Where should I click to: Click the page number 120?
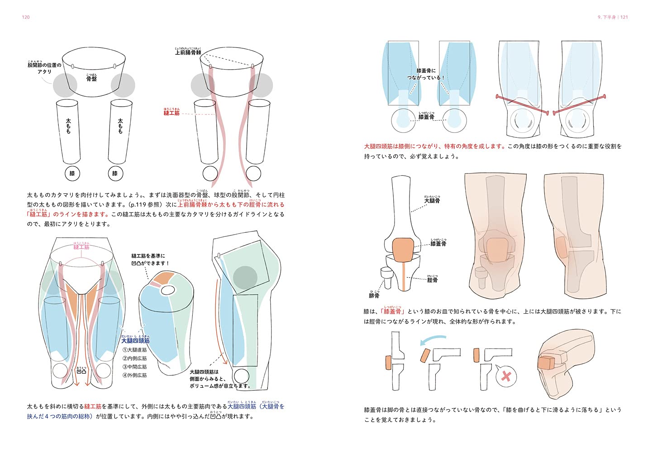coord(25,17)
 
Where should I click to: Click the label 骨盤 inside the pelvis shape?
coord(91,79)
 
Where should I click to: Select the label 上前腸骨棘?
coord(188,52)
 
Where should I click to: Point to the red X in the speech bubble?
coord(506,376)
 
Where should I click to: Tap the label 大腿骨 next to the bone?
coord(432,200)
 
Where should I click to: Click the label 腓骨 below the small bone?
coord(374,296)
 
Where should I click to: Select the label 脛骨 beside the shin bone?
coord(432,280)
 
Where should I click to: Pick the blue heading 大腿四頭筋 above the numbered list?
coord(135,340)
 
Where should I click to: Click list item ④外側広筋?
coord(135,375)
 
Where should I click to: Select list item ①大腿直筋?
coord(135,350)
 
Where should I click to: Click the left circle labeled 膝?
coord(72,174)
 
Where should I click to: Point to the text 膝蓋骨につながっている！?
coord(426,74)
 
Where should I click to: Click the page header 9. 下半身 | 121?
coord(613,17)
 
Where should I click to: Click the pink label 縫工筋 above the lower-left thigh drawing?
coord(81,247)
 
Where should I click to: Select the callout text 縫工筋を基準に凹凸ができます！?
coord(150,259)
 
